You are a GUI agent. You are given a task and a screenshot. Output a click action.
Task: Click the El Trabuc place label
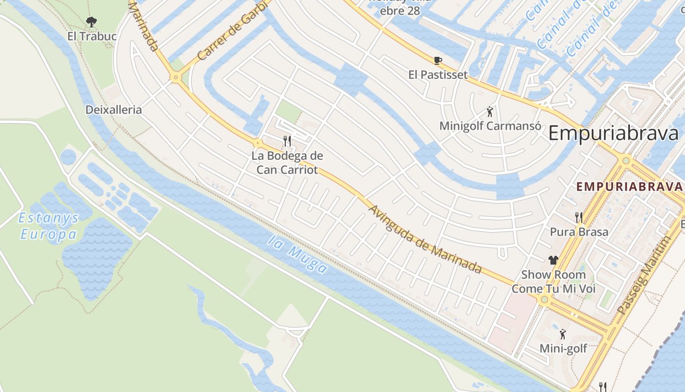point(92,36)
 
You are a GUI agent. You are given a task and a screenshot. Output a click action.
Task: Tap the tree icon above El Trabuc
point(91,22)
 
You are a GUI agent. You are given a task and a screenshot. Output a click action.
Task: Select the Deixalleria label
point(114,110)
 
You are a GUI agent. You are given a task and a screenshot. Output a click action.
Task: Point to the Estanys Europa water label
point(48,226)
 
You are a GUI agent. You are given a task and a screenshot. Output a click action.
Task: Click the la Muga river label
point(297,254)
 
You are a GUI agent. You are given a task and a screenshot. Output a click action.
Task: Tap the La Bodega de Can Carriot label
point(287,163)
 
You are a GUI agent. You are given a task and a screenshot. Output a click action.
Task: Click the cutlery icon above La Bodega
point(287,141)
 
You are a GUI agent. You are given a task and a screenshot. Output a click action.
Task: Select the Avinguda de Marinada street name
point(425,239)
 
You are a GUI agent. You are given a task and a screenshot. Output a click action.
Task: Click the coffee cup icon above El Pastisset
point(437,60)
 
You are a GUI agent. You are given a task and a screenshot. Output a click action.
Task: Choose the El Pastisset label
point(438,75)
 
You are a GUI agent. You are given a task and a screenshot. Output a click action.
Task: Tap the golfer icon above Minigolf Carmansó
point(490,112)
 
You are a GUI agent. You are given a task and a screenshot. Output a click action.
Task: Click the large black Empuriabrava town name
point(614,133)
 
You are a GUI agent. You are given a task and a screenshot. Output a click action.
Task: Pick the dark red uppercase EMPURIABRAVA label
point(629,187)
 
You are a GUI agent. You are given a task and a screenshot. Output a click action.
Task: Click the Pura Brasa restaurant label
point(579,232)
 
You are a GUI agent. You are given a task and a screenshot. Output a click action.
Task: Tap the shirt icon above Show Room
point(553,260)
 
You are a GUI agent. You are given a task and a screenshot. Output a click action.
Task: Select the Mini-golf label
point(563,348)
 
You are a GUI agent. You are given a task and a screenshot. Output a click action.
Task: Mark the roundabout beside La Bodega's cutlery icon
point(257,143)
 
